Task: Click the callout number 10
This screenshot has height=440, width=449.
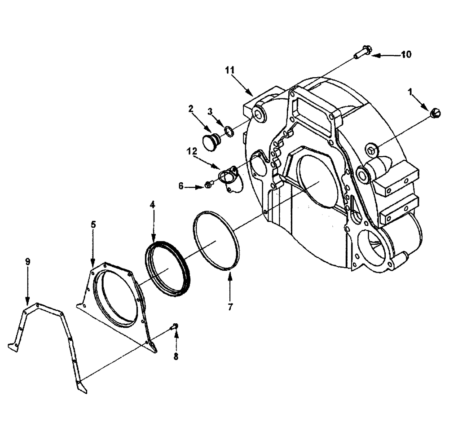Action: tap(406, 55)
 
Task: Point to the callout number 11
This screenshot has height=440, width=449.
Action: tap(230, 70)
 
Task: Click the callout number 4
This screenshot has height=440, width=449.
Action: tap(153, 204)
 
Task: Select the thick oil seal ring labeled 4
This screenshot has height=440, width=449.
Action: tap(168, 268)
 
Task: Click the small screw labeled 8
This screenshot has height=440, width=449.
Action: tap(175, 327)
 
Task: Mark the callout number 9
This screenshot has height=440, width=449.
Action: tap(27, 260)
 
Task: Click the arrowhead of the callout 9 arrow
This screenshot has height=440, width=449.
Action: tap(27, 305)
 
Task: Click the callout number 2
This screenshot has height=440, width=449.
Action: tap(190, 108)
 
